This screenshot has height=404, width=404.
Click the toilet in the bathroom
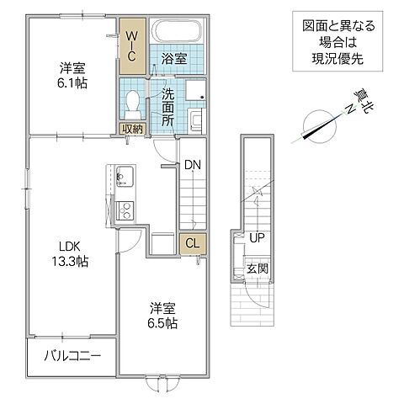[x=130, y=104]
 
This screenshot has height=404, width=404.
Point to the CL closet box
[x=191, y=244]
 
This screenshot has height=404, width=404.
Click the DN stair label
[x=193, y=164]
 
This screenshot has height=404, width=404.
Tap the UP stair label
[x=257, y=238]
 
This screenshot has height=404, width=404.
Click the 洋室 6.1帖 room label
[x=71, y=77]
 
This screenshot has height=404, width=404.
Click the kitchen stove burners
[x=124, y=210]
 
